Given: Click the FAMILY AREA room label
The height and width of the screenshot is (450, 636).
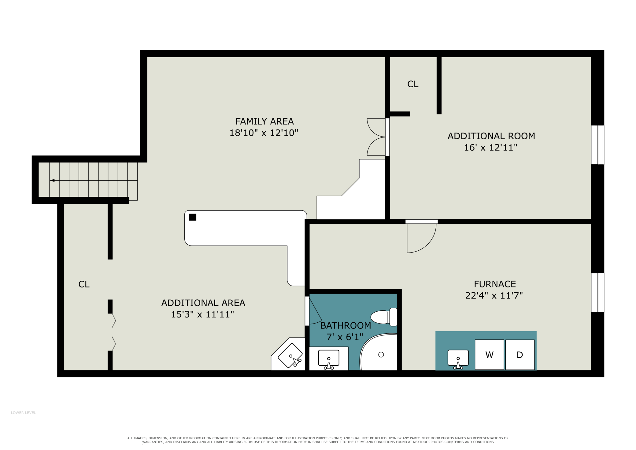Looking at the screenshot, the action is coord(264,122).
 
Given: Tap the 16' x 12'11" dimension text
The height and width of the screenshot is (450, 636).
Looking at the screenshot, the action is coord(491,148).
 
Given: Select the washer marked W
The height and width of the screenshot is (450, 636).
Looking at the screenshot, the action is coord(489,354).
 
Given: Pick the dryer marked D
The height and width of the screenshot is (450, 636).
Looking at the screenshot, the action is coord(520,354).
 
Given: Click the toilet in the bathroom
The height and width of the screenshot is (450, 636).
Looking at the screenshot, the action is coord(384,317).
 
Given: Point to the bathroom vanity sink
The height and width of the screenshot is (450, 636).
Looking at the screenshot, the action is coord(329,358).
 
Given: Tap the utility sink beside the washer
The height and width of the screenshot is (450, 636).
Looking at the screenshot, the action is coord(458,358).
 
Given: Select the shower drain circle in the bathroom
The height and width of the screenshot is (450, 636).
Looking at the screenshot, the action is coord(381,354).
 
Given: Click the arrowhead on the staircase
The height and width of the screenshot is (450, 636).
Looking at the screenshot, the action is coord(52,180).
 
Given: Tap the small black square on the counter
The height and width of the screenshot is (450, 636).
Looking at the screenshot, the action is coord(193,217).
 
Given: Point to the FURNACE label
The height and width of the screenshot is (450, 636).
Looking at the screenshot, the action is coord(495,284).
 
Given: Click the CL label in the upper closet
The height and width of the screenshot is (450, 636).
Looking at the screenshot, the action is coord(413,84).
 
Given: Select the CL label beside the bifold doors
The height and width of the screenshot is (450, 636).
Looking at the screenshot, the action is coord(84,284).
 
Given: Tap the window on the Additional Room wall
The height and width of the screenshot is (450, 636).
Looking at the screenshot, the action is coord(597,145).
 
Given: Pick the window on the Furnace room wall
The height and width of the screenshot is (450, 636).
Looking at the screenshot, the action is coord(597,292).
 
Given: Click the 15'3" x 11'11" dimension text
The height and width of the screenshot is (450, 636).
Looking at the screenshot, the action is coord(202,314).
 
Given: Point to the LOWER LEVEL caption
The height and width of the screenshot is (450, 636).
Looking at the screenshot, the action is coord(23,413).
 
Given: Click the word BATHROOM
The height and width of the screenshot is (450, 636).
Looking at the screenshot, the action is coord(346,325).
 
